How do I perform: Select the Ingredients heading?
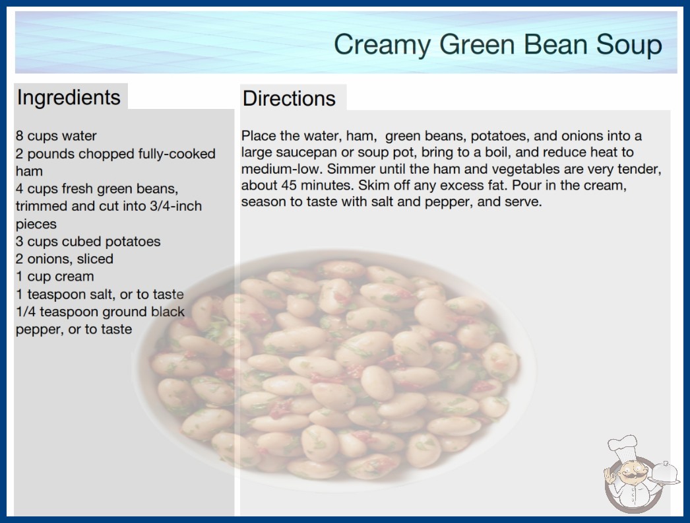click(69, 98)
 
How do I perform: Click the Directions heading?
click(289, 98)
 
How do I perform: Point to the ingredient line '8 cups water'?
click(56, 136)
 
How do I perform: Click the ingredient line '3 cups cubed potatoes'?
click(88, 242)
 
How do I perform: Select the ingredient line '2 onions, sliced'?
click(64, 259)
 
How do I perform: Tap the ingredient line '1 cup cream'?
click(55, 277)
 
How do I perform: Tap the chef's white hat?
click(623, 446)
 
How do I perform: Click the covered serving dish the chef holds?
click(664, 473)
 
